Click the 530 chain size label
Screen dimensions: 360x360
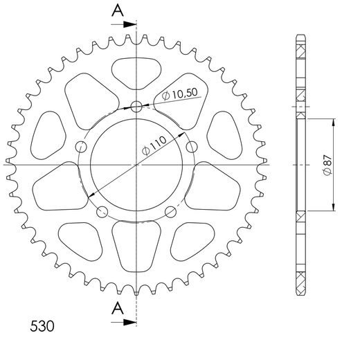pyautogui.click(x=43, y=325)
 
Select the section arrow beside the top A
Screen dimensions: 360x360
pyautogui.click(x=129, y=24)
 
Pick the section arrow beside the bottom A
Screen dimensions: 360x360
pyautogui.click(x=129, y=320)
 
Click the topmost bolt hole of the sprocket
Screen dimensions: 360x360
pyautogui.click(x=136, y=107)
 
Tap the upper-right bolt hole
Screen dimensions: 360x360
pyautogui.click(x=192, y=147)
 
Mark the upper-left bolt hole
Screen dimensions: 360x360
pyautogui.click(x=81, y=147)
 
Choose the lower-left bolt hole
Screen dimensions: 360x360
pyautogui.click(x=102, y=212)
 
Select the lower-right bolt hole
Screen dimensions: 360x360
pyautogui.click(x=171, y=212)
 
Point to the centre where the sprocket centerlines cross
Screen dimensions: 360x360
pyautogui.click(x=136, y=165)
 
